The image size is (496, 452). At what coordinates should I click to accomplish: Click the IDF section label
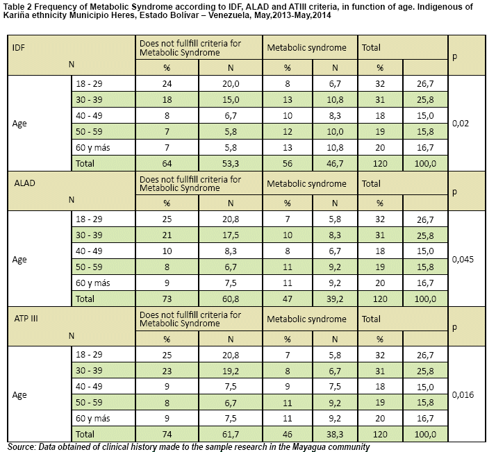point(18,48)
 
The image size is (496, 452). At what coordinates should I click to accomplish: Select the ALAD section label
point(24,183)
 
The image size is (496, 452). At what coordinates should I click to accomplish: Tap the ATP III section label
point(26,319)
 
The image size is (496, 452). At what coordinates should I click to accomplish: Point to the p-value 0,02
point(461,124)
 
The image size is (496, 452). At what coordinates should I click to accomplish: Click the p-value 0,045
point(463,260)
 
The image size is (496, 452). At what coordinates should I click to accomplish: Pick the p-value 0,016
point(463,395)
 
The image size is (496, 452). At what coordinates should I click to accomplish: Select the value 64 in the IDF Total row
point(167,163)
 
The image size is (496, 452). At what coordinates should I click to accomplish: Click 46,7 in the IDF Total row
point(335,163)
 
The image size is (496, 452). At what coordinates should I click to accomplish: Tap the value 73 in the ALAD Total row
point(167,299)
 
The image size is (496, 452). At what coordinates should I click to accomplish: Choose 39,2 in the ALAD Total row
point(335,299)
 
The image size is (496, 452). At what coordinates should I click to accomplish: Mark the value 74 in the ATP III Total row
point(167,435)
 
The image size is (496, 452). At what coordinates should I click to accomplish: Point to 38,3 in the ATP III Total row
point(335,435)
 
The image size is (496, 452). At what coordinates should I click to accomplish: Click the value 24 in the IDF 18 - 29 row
point(167,84)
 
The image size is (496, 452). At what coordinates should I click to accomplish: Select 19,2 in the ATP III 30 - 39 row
point(231,371)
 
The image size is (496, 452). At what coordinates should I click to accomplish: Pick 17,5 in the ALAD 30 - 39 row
point(231,235)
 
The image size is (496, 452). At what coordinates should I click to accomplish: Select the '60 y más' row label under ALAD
point(92,283)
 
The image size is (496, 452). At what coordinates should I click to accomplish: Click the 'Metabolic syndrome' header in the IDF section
point(306,48)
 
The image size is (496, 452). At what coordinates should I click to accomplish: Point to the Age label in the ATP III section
point(19,395)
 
